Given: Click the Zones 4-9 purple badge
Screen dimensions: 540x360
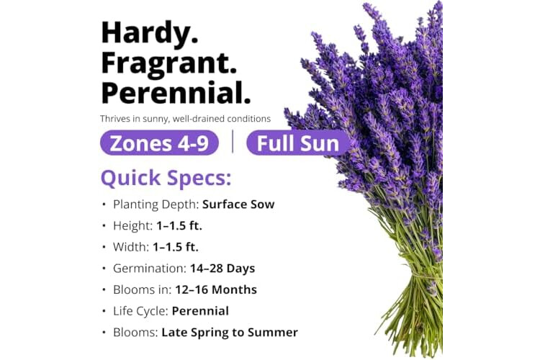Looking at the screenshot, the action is [x=159, y=143].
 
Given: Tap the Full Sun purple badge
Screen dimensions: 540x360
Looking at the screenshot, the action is [x=298, y=143].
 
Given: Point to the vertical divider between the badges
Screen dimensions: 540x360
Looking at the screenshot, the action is [x=233, y=142].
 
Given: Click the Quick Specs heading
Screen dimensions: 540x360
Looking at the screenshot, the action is [x=166, y=178].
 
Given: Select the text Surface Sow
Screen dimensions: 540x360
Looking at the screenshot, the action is [x=238, y=204].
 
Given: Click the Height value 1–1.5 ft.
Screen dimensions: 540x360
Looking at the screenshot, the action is [x=179, y=225].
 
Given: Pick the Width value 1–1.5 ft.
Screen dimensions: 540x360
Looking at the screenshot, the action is [x=176, y=247].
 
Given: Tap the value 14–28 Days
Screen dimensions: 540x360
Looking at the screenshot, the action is [x=222, y=269].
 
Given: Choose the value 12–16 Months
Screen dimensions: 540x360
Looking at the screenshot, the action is [x=216, y=289].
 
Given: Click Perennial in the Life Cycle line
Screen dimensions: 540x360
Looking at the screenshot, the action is [x=200, y=311].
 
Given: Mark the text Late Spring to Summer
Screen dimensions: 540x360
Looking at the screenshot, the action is [x=230, y=333].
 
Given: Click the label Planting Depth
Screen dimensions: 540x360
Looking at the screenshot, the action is [x=156, y=204].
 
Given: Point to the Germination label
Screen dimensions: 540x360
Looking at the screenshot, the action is [x=150, y=269].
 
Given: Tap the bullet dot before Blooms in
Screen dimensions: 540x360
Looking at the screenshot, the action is [x=104, y=290].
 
